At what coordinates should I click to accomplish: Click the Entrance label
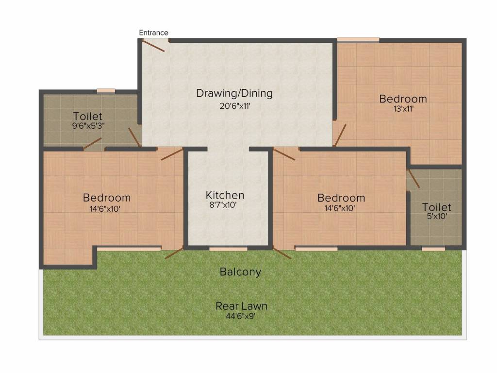(x=153, y=33)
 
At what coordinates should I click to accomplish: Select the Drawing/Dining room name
(x=234, y=93)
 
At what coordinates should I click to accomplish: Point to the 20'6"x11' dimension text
(x=234, y=106)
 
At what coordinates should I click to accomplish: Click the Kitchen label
(x=225, y=195)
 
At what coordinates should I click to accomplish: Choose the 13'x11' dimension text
(x=403, y=109)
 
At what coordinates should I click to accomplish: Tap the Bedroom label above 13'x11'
(x=403, y=99)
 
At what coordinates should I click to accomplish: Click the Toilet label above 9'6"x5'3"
(x=87, y=116)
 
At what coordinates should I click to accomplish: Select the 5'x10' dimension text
(x=436, y=217)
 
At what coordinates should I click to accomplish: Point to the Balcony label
(x=240, y=271)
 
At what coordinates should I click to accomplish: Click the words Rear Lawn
(x=241, y=306)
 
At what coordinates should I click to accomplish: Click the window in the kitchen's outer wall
(x=228, y=249)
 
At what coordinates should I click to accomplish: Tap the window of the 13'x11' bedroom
(x=358, y=39)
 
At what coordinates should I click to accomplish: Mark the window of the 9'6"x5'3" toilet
(x=105, y=90)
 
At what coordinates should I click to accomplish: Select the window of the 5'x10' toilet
(x=433, y=249)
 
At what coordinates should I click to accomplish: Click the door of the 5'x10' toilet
(x=414, y=179)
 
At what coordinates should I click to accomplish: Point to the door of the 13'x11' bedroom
(x=340, y=135)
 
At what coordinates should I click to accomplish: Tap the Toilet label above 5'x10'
(x=436, y=207)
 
